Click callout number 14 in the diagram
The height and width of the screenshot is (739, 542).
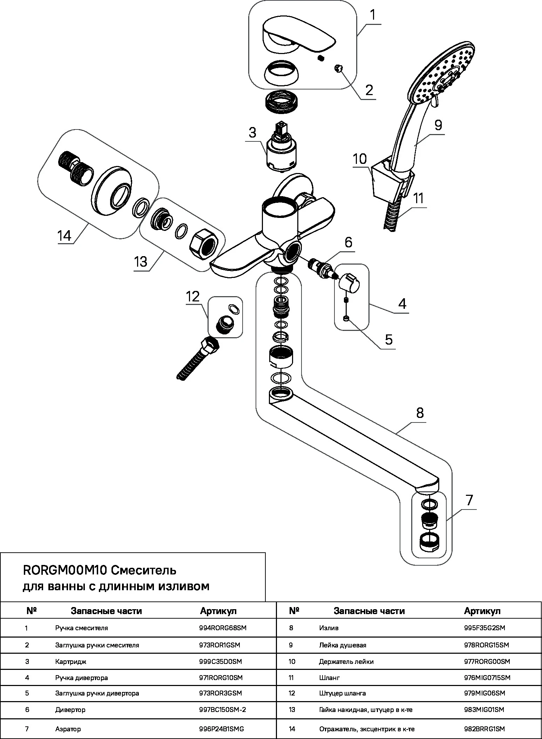click(65, 235)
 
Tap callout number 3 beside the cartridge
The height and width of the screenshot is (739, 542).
click(252, 133)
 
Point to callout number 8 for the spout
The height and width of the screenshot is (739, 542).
click(420, 413)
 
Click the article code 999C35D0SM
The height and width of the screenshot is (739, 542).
click(220, 661)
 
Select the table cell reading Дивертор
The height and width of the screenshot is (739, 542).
click(70, 710)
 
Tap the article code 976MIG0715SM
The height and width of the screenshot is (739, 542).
click(487, 678)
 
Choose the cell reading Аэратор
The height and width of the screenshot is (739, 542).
click(68, 729)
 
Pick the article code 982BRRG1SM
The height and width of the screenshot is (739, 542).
click(484, 729)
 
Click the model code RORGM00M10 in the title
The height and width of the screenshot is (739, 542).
click(65, 570)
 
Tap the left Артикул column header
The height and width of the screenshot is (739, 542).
click(218, 611)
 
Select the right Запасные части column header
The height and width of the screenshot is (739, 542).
click(369, 611)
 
